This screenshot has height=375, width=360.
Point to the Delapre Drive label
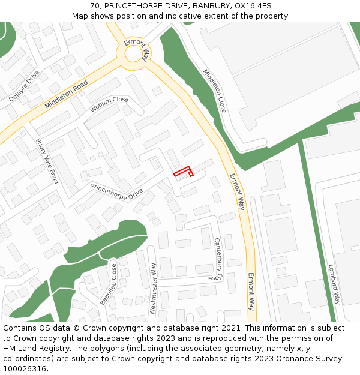pos(24,86)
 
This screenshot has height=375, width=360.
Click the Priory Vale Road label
pos(47,161)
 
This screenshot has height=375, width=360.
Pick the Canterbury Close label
pos(217,259)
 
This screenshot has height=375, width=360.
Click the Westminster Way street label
pos(153,289)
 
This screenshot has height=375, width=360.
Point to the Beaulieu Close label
pos(109,283)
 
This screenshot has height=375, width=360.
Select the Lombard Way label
pos(334,284)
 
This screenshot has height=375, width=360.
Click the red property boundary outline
pos(183,171)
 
